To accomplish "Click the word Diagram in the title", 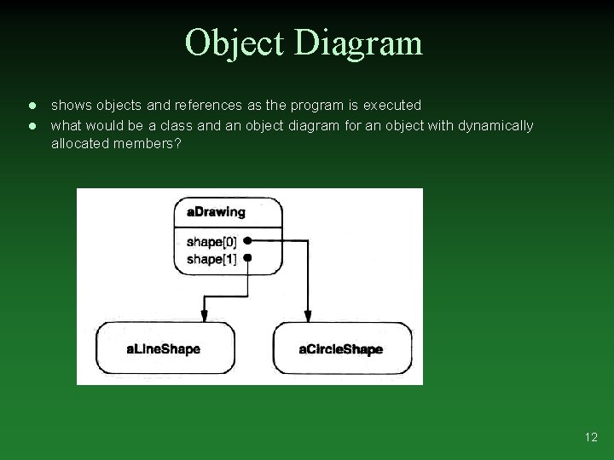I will pyautogui.click(x=358, y=43).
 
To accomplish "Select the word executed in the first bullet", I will pyautogui.click(x=392, y=106).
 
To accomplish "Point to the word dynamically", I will pyautogui.click(x=495, y=126).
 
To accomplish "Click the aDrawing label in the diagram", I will pyautogui.click(x=216, y=212).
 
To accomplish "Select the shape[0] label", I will pyautogui.click(x=211, y=241).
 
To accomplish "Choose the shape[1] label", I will pyautogui.click(x=211, y=258).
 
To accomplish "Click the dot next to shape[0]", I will pyautogui.click(x=247, y=241).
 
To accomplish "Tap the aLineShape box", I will pyautogui.click(x=165, y=348).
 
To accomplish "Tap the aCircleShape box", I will pyautogui.click(x=341, y=348).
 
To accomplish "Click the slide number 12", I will pyautogui.click(x=591, y=438).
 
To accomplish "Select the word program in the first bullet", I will pyautogui.click(x=316, y=106).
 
